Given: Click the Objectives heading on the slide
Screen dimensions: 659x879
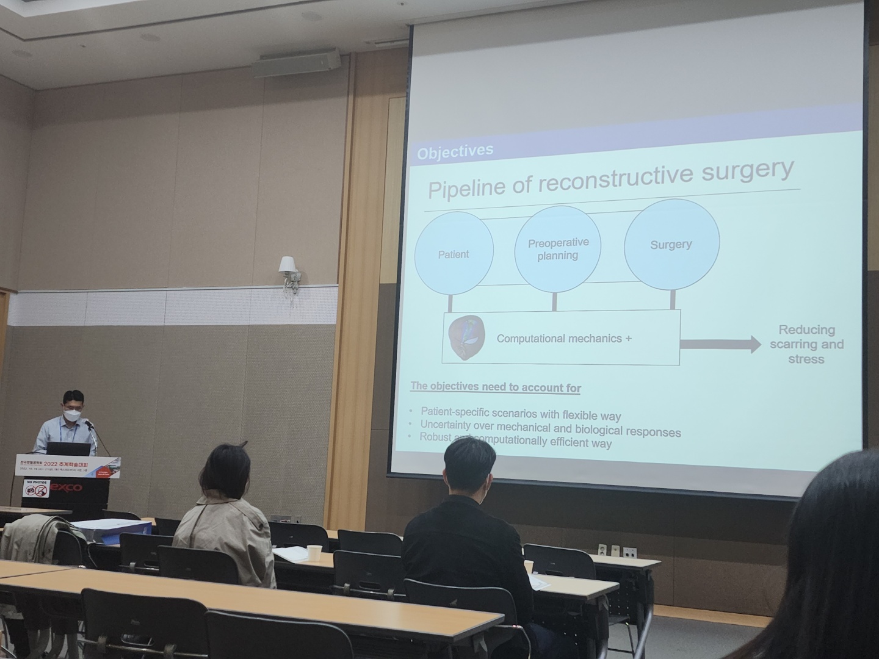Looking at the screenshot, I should point(455,151).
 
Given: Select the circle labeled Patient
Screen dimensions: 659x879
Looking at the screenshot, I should point(454,254).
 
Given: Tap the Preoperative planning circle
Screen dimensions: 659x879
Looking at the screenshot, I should point(558,249).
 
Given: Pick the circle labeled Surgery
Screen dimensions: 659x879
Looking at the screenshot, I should point(671,243).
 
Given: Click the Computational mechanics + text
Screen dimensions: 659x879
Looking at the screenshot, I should point(563,338).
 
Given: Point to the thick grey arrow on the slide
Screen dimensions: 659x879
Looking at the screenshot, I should point(720,345).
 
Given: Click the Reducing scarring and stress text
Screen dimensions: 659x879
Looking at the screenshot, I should point(806,345).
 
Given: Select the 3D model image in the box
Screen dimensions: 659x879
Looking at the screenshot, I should point(466,337).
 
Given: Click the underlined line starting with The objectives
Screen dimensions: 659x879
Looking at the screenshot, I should point(495,387).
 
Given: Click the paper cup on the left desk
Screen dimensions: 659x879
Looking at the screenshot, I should point(314,552).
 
